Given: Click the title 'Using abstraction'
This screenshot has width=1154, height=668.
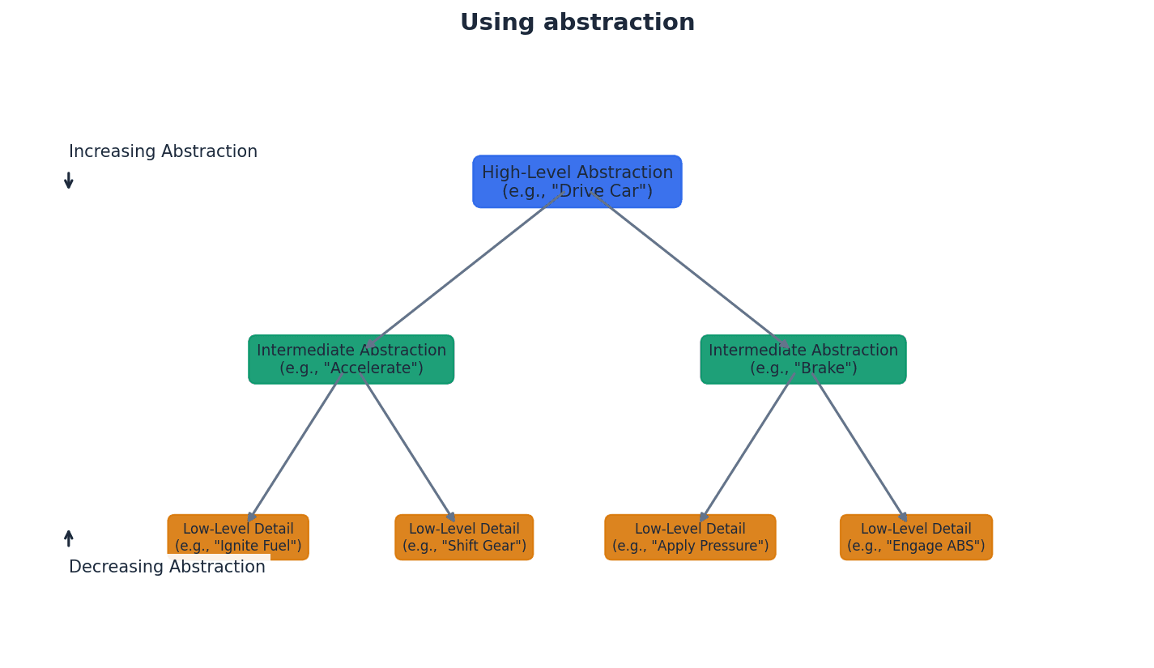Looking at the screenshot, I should [x=577, y=23].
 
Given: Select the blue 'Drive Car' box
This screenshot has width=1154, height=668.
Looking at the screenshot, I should [x=577, y=181].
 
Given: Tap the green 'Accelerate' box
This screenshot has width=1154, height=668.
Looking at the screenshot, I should [x=351, y=360].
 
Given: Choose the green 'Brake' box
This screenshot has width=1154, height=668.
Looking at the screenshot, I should [x=803, y=360].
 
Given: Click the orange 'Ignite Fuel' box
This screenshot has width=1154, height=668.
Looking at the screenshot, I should [x=238, y=537].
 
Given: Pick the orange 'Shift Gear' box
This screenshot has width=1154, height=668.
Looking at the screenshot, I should [x=464, y=537].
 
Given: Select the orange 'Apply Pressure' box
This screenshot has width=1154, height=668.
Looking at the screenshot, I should [x=690, y=537].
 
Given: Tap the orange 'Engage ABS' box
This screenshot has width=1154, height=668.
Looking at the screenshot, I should [x=916, y=537].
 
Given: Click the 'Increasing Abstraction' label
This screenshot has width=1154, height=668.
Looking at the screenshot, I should [x=163, y=152].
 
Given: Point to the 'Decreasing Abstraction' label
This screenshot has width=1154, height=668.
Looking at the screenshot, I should [x=167, y=568].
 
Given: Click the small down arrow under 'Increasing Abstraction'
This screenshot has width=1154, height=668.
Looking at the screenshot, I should [x=69, y=181].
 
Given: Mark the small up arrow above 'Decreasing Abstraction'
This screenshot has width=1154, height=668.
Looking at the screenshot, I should [x=69, y=538].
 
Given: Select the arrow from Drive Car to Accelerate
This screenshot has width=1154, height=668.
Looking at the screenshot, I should [x=466, y=270].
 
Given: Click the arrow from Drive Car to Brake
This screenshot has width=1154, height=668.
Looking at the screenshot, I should [x=690, y=270].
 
